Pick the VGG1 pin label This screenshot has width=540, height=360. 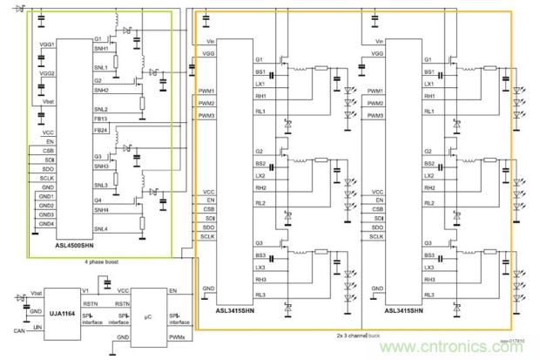[x=46, y=44]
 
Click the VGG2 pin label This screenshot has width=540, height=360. [x=46, y=74]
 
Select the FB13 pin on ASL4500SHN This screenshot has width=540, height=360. [x=101, y=119]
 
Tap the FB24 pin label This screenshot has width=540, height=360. [x=101, y=130]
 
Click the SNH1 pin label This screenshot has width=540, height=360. [x=102, y=49]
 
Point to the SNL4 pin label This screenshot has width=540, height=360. [x=101, y=228]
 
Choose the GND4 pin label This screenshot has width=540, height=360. [x=46, y=224]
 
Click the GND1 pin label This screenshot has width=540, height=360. [x=46, y=194]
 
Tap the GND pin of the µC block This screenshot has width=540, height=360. [x=124, y=336]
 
